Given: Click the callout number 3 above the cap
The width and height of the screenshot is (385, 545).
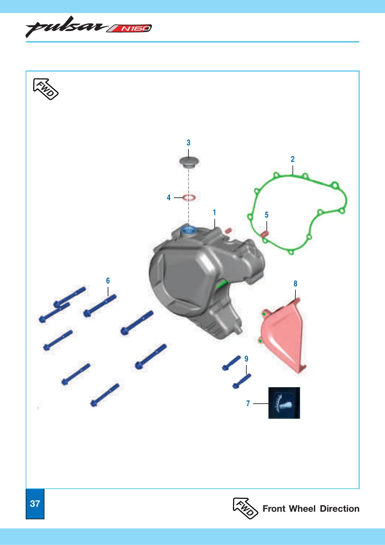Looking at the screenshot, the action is (188, 143).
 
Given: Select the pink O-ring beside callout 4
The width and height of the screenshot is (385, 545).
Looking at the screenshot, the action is (189, 198).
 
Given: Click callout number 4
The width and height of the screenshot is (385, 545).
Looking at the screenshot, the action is (169, 198).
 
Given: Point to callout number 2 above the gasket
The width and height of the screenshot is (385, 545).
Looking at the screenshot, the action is (292, 159).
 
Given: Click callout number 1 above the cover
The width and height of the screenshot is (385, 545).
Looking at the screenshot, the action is (214, 213).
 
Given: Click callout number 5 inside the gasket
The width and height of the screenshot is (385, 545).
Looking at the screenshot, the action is (266, 215).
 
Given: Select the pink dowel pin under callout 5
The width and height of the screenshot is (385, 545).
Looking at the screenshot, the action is (264, 234).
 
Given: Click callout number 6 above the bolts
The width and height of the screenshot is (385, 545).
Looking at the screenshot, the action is (108, 281).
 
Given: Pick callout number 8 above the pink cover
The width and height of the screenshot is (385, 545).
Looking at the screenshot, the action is (295, 284).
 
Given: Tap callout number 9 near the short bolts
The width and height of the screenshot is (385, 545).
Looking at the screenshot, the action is (246, 359).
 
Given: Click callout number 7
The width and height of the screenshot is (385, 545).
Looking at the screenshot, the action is (248, 404).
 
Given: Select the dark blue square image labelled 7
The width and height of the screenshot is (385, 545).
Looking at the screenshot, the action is (284, 403).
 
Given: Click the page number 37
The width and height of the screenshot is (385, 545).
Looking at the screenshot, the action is (35, 503).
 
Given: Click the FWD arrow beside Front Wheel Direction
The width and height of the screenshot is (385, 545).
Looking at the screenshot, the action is (245, 508).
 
